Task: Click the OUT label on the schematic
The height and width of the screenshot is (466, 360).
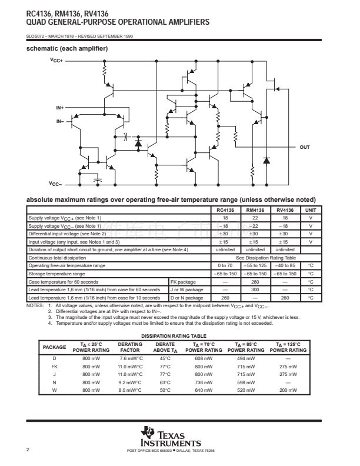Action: click(x=305, y=147)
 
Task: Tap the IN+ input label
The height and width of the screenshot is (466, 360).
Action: click(x=59, y=108)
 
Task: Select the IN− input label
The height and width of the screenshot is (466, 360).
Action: click(x=59, y=121)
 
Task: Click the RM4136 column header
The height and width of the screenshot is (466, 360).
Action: click(x=255, y=210)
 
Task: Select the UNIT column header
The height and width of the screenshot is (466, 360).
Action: click(x=310, y=210)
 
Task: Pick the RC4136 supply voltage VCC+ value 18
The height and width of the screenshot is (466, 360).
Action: click(x=224, y=218)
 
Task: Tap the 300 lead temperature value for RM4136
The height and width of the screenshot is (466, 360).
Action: click(x=255, y=289)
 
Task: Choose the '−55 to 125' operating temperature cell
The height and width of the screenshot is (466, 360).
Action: click(x=255, y=265)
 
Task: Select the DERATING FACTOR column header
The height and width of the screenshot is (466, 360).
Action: click(x=130, y=347)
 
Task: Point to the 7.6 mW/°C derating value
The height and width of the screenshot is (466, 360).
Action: click(x=130, y=358)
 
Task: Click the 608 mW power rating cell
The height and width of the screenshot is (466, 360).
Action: click(x=203, y=358)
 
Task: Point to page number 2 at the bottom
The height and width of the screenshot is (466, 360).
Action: click(x=28, y=450)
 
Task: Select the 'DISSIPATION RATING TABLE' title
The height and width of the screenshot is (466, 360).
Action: click(x=171, y=335)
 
